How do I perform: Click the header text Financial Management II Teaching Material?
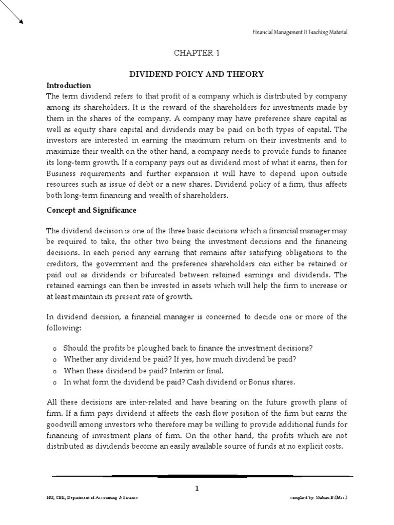click(x=300, y=32)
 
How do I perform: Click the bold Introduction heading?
click(x=68, y=86)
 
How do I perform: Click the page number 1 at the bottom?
click(x=196, y=489)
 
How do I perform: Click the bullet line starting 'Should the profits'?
click(x=188, y=348)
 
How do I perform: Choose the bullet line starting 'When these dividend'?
click(x=144, y=371)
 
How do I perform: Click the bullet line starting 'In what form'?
click(x=180, y=382)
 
